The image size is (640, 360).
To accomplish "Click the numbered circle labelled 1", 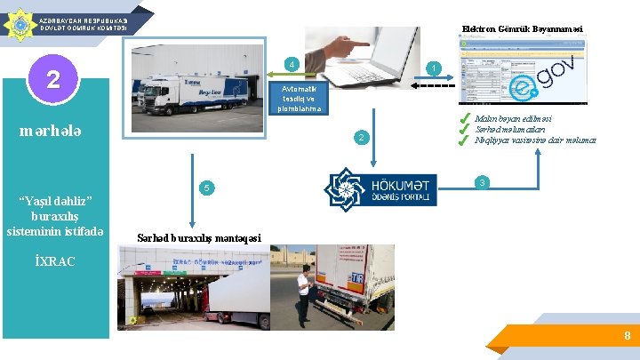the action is pos(432,68).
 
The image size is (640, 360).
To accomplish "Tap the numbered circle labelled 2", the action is pos(360,137).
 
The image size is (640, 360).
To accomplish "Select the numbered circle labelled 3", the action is pos(481,182).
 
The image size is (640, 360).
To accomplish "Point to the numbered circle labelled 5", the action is pos(205,188).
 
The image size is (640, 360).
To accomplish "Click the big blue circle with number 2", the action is pos(53,80).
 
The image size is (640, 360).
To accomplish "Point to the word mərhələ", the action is pos(51,132).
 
